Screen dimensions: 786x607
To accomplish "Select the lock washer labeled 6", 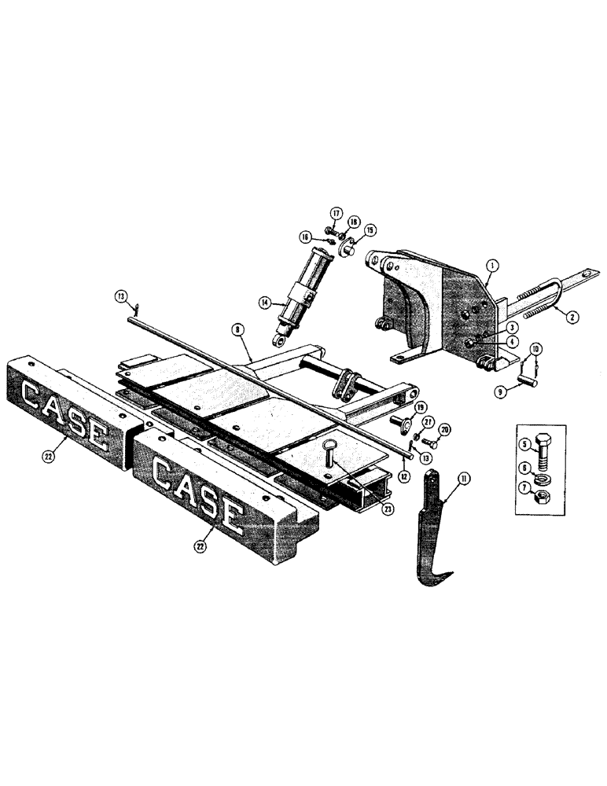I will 546,479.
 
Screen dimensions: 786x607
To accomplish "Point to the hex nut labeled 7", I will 546,500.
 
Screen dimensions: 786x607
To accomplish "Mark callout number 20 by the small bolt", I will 445,429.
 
